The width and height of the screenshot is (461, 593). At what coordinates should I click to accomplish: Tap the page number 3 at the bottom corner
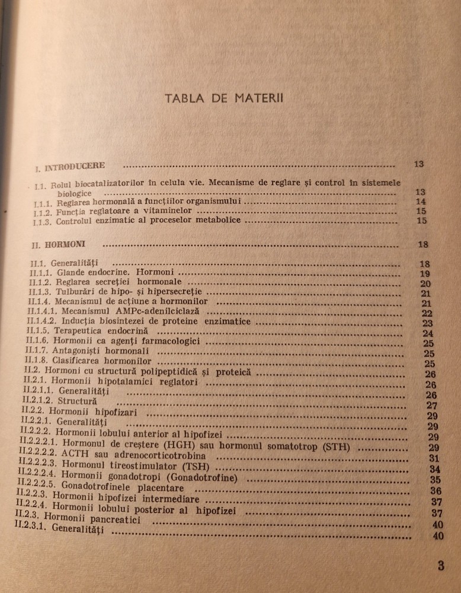(441, 565)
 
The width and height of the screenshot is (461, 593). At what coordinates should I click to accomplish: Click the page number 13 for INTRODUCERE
(419, 164)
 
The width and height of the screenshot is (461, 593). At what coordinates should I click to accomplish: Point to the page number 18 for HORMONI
(422, 244)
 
